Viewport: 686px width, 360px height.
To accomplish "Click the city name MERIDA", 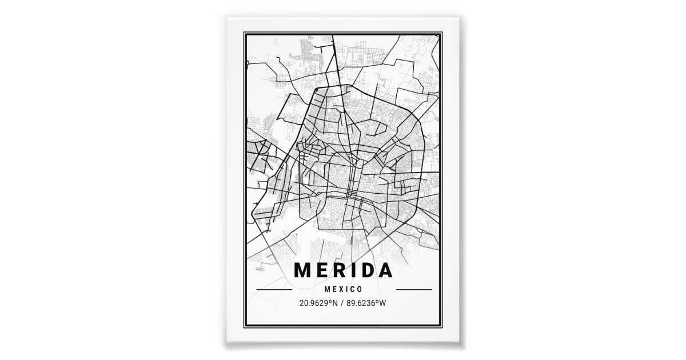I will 344,270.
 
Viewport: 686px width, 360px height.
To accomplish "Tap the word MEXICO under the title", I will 344,290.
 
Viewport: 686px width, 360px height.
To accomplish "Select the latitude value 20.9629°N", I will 321,302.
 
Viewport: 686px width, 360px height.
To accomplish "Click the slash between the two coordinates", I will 344,302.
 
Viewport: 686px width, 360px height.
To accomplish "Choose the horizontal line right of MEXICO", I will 413,290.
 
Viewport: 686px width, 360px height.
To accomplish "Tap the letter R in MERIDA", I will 340,270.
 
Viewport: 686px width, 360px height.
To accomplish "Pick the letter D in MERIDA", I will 368,270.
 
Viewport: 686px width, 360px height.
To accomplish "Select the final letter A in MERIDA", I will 386,270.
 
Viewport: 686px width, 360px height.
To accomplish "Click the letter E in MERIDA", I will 322,270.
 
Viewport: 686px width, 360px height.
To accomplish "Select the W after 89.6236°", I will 384,302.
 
